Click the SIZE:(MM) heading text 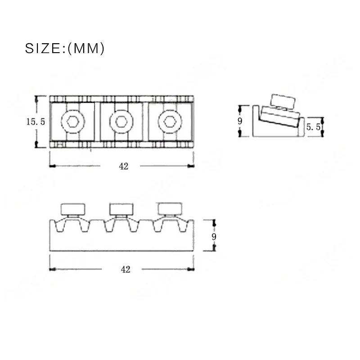tap(64, 48)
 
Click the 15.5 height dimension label tap(35, 121)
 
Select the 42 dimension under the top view tap(124, 166)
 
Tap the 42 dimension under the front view tap(126, 270)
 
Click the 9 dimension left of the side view tap(240, 121)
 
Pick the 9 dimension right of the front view tap(214, 237)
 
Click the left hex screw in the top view tap(73, 121)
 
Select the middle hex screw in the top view tap(121, 121)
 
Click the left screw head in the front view tap(73, 209)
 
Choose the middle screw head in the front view tap(121, 209)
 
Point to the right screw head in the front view tap(170, 208)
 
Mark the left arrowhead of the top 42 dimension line tap(51, 166)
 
